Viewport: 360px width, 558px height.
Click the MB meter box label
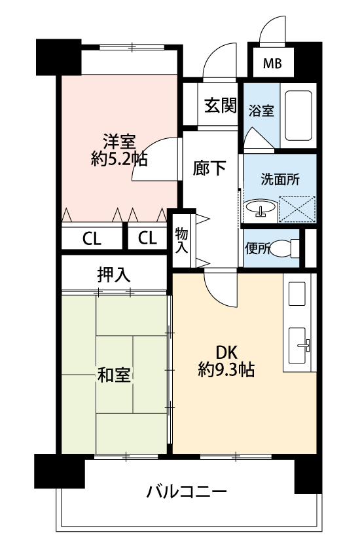coord(272,64)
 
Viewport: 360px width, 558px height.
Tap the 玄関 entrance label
coord(221,105)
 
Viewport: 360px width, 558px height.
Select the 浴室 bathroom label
coord(261,111)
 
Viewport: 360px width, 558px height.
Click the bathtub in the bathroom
coord(298,116)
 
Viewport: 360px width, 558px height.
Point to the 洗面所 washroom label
coord(280,179)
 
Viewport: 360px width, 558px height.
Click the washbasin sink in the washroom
coord(261,208)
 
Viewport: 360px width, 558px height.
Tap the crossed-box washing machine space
coord(297,210)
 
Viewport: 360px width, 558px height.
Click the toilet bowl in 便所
coord(284,248)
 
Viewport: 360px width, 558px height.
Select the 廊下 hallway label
coord(209,168)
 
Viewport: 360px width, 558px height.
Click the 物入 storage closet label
coord(181,241)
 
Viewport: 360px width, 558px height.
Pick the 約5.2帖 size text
coord(119,159)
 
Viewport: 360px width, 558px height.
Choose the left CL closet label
coord(92,238)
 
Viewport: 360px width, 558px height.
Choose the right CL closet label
coord(147,238)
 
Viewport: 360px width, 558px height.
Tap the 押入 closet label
coord(114,274)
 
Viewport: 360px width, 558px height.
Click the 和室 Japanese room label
coord(114,375)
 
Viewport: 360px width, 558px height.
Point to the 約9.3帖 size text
coord(226,370)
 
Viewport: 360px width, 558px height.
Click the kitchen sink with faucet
coord(298,345)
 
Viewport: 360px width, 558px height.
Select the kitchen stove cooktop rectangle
coord(297,293)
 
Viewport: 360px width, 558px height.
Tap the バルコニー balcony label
coord(187,492)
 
